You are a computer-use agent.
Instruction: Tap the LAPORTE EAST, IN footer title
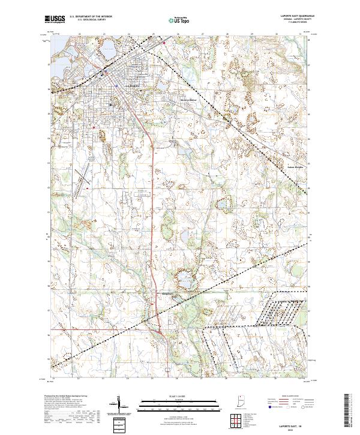click(x=297, y=423)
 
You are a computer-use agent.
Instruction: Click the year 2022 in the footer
click(x=297, y=428)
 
